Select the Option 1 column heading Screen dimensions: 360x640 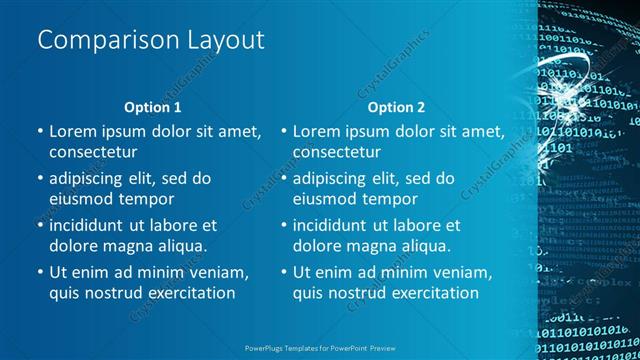click(x=153, y=106)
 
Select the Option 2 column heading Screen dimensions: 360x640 click(x=396, y=106)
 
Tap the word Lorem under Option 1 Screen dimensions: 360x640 click(x=74, y=131)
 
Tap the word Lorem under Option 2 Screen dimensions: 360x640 click(x=318, y=131)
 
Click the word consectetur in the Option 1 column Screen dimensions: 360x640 click(x=93, y=152)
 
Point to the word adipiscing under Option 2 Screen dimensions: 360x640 click(x=336, y=178)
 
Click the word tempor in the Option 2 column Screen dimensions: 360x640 click(x=400, y=199)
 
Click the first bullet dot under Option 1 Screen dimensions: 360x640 click(x=39, y=132)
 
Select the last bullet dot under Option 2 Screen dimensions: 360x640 click(x=283, y=273)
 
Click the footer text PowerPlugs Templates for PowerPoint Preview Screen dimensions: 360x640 click(x=319, y=347)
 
